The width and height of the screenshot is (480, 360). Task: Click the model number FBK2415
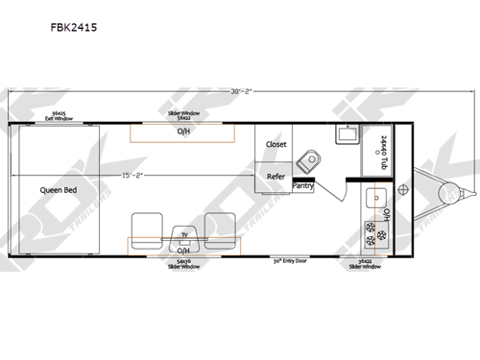[74, 28]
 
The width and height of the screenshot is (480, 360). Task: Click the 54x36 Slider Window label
[183, 263]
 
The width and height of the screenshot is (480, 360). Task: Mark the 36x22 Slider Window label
[366, 263]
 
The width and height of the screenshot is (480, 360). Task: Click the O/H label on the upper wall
[182, 132]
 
